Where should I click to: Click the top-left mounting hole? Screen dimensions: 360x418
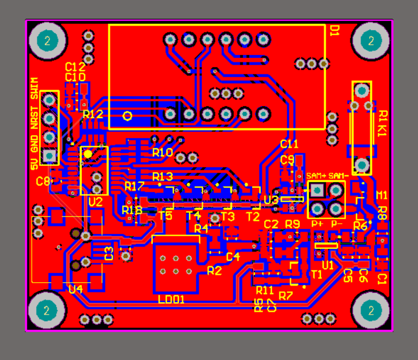point(47,41)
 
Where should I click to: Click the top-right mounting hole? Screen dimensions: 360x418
point(371,41)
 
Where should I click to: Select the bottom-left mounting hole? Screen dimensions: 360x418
point(47,310)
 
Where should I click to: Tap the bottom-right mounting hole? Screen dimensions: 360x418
point(371,311)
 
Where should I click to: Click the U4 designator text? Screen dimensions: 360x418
point(76,290)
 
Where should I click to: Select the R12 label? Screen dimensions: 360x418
point(93,114)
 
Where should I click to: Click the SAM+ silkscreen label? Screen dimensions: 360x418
point(316,175)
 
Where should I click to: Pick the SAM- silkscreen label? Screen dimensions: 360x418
point(338,175)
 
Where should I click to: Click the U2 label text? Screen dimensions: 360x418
point(95,202)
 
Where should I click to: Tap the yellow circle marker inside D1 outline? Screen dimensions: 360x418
point(128,116)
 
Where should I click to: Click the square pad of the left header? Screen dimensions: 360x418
point(50,156)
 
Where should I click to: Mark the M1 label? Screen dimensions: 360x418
point(382,196)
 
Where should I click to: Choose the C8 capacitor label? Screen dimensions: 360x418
point(43,182)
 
